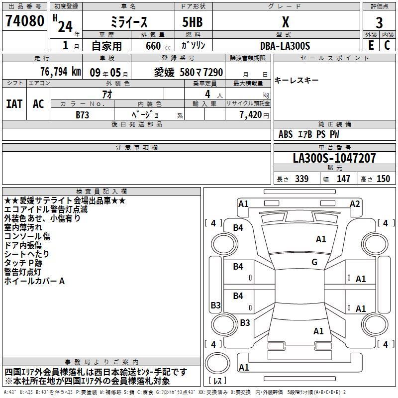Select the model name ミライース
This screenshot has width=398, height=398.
pyautogui.click(x=128, y=22)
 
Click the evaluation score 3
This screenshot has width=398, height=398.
pyautogui.click(x=380, y=23)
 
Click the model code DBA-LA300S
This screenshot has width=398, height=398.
pyautogui.click(x=285, y=46)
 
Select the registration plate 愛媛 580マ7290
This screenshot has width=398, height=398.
pyautogui.click(x=189, y=73)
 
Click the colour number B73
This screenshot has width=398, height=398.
pyautogui.click(x=82, y=114)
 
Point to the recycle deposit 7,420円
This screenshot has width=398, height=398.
pyautogui.click(x=254, y=115)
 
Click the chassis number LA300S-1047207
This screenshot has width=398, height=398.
pyautogui.click(x=334, y=159)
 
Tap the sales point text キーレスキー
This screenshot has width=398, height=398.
pyautogui.click(x=297, y=81)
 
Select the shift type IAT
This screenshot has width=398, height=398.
pyautogui.click(x=14, y=104)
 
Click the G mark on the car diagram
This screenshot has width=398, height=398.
pyautogui.click(x=314, y=262)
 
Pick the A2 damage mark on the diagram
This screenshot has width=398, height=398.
pyautogui.click(x=355, y=203)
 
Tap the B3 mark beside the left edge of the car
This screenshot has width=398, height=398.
pyautogui.click(x=215, y=305)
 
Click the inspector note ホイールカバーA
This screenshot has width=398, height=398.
pyautogui.click(x=34, y=281)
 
